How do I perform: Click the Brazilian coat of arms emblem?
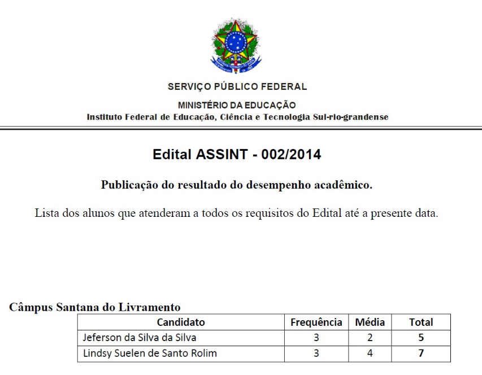(236, 45)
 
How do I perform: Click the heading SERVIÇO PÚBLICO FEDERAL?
(237, 87)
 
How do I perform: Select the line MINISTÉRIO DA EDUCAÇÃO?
(237, 105)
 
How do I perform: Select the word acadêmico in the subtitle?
(344, 185)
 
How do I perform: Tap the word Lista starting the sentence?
(47, 213)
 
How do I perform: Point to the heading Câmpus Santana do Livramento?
(95, 308)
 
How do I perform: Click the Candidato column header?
(181, 322)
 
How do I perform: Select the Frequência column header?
(316, 322)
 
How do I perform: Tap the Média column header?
(370, 322)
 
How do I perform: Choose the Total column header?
(421, 322)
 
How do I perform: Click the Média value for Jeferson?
(370, 338)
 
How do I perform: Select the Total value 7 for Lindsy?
(421, 354)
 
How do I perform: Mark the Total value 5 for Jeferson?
(421, 338)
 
